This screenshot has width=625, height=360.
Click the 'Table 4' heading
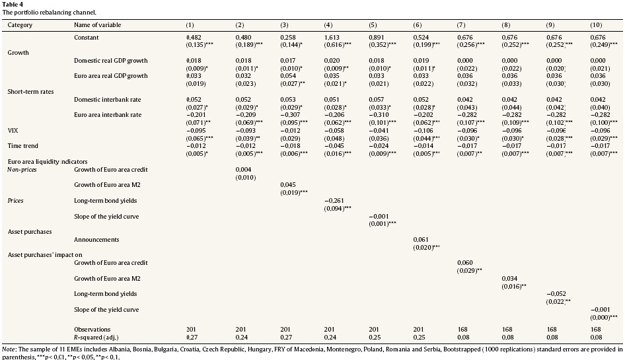click(x=13, y=4)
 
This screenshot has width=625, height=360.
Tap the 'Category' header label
click(x=20, y=25)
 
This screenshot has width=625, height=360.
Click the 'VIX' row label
click(x=13, y=131)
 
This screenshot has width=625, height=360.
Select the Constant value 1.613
click(x=333, y=38)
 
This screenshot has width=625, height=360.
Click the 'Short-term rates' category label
click(x=30, y=91)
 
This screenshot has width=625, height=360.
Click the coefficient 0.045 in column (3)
click(x=288, y=184)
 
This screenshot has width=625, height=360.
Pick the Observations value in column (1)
click(x=192, y=329)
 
